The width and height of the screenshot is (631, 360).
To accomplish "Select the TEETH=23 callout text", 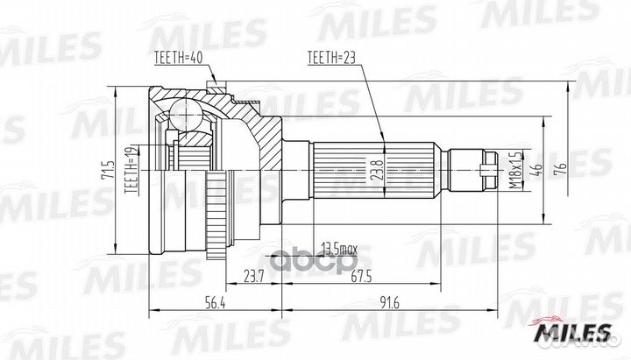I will pos(331,60).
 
